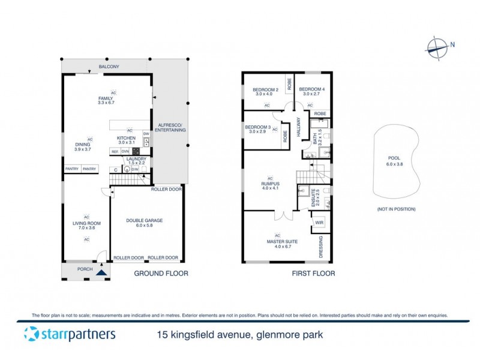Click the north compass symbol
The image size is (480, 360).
(437, 46)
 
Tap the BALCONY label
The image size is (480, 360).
(109, 67)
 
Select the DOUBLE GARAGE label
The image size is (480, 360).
(145, 220)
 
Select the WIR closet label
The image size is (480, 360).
(318, 223)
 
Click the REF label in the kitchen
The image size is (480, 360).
(115, 152)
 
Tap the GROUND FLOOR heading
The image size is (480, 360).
(161, 274)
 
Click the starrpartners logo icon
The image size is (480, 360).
(31, 334)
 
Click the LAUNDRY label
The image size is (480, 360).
(136, 159)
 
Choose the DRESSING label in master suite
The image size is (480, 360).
(320, 248)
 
